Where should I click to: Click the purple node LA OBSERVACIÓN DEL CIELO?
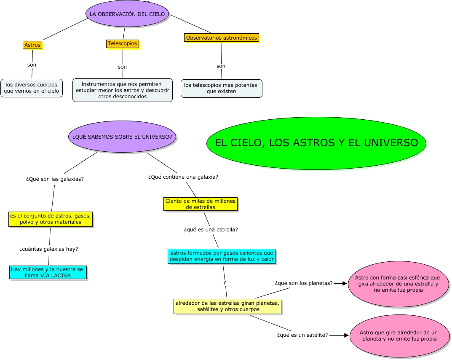(x=127, y=14)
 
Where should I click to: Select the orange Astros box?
(x=32, y=45)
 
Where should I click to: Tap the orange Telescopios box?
(x=123, y=43)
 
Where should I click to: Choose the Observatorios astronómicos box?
(x=222, y=38)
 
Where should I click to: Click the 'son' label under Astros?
(x=32, y=65)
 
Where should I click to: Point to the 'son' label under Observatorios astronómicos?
(x=221, y=66)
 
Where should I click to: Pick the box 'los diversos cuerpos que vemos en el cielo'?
(x=32, y=88)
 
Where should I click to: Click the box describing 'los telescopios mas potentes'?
(x=222, y=88)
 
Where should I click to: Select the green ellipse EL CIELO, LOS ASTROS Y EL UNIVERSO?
(x=316, y=143)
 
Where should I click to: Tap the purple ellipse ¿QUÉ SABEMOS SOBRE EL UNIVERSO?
(x=122, y=137)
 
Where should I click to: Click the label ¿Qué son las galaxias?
(x=55, y=179)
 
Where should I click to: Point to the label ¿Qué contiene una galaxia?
(x=183, y=177)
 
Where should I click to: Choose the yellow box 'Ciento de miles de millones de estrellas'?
(x=201, y=204)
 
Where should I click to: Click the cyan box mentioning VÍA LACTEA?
(x=48, y=272)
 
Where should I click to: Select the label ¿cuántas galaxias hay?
(x=49, y=249)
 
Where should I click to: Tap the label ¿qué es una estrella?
(x=211, y=230)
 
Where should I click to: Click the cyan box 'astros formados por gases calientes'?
(x=222, y=256)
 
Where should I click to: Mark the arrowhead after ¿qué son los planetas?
(x=345, y=284)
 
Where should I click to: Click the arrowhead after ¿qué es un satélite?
(x=347, y=335)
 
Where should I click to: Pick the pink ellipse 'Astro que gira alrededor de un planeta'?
(x=399, y=336)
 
